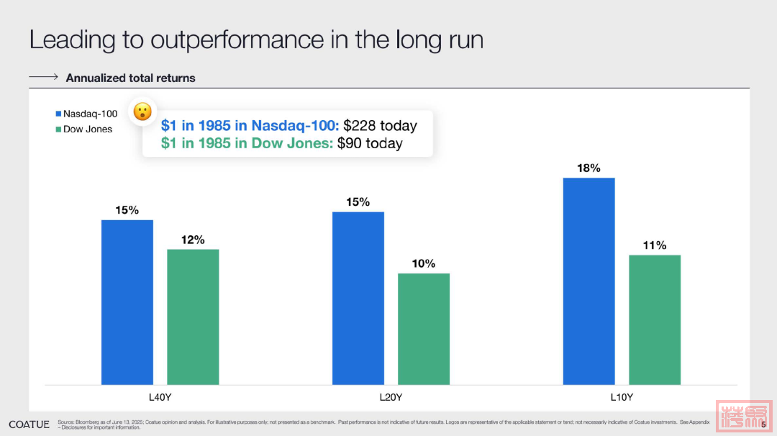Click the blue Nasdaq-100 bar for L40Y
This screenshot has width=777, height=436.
127,302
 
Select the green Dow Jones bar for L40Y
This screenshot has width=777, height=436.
193,317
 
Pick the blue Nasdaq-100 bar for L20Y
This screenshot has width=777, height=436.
358,298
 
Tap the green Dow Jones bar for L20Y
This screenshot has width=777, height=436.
424,329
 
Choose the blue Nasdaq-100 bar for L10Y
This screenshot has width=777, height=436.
589,281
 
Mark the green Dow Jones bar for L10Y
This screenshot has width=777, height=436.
655,319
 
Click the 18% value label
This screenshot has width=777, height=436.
589,168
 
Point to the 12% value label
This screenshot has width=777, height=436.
193,240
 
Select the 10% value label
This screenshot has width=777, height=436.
424,264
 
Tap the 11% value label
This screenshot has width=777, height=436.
655,245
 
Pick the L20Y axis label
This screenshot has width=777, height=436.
391,396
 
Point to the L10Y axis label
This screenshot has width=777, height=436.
622,396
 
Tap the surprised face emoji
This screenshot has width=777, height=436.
142,112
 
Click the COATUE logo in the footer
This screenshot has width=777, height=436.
29,424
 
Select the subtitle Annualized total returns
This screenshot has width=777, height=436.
130,78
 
